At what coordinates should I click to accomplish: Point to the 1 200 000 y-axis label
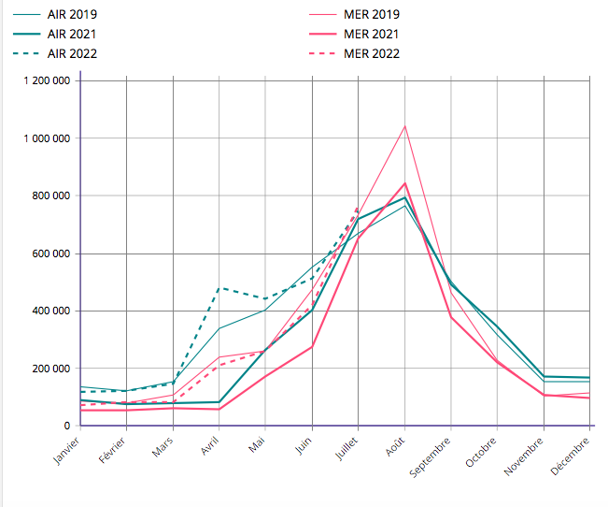pos(47,80)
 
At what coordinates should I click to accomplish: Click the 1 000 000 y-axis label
pos(47,138)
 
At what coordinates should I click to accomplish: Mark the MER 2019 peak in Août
pos(404,125)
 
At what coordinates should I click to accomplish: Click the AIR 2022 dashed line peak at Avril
pos(219,287)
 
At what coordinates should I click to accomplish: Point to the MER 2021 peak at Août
pos(404,183)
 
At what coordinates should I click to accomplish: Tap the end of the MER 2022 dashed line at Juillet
pos(358,208)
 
